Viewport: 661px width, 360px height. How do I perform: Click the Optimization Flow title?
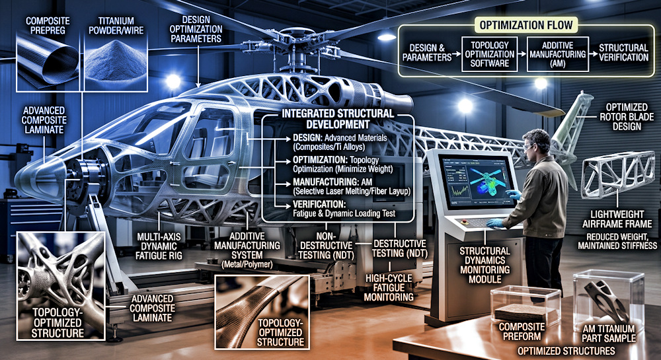tap(527, 25)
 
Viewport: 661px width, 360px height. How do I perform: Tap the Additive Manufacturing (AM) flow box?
tap(558, 54)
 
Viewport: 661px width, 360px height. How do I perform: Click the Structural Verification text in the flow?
tap(624, 53)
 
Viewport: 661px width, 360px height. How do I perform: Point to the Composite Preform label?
tap(521, 332)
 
